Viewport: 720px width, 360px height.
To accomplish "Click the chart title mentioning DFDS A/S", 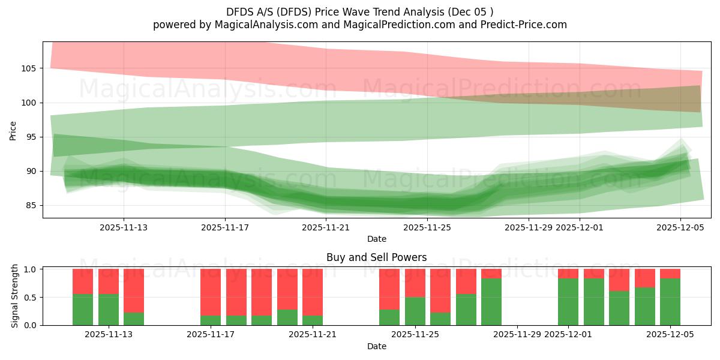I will [x=360, y=11].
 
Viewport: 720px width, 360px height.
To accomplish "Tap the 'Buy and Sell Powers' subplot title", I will [x=376, y=257].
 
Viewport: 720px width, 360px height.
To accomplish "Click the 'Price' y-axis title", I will [x=13, y=130].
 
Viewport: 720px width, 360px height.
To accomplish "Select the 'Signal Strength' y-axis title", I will [x=15, y=295].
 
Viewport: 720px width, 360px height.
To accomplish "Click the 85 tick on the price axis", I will [x=31, y=206].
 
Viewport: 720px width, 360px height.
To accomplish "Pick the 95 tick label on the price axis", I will [x=31, y=137].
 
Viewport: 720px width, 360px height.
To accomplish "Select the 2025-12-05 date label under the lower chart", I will [x=670, y=335].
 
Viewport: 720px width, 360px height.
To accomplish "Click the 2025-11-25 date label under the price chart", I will [x=427, y=227].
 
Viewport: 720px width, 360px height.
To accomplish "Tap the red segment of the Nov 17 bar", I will [x=211, y=291].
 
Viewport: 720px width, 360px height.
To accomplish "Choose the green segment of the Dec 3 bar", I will [x=619, y=308].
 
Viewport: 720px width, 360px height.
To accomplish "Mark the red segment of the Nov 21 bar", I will [x=313, y=291].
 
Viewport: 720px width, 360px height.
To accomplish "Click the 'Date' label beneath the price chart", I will [x=376, y=239].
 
